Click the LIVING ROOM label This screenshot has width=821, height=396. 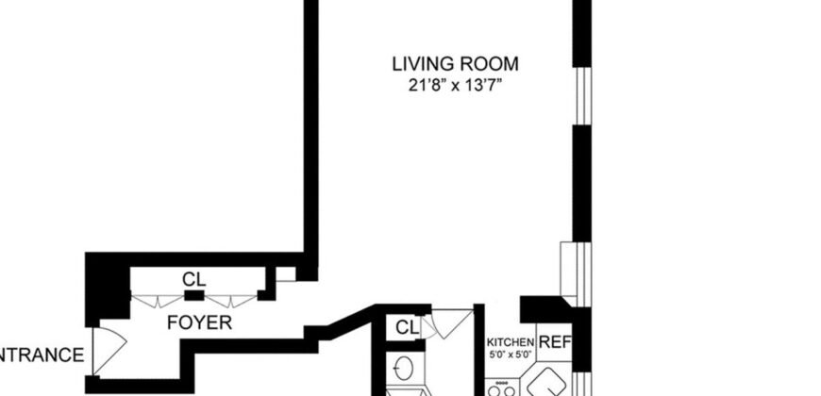(x=456, y=64)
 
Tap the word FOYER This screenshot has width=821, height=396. (x=200, y=322)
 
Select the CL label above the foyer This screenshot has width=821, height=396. (x=194, y=279)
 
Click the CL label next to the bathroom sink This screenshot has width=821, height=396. (x=406, y=328)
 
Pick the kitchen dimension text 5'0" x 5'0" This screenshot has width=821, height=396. (x=511, y=355)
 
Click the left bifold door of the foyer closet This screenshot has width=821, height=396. (x=158, y=300)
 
